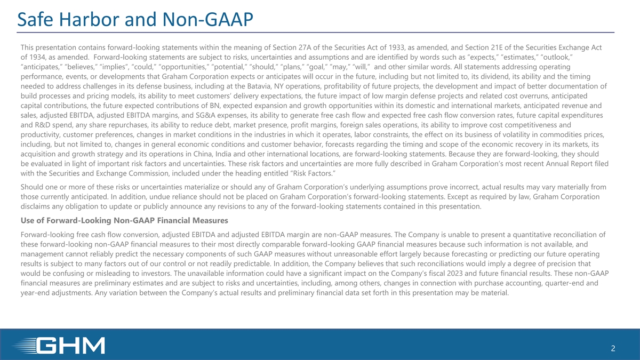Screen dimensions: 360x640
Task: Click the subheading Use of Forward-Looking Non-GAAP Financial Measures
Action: pos(124,221)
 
